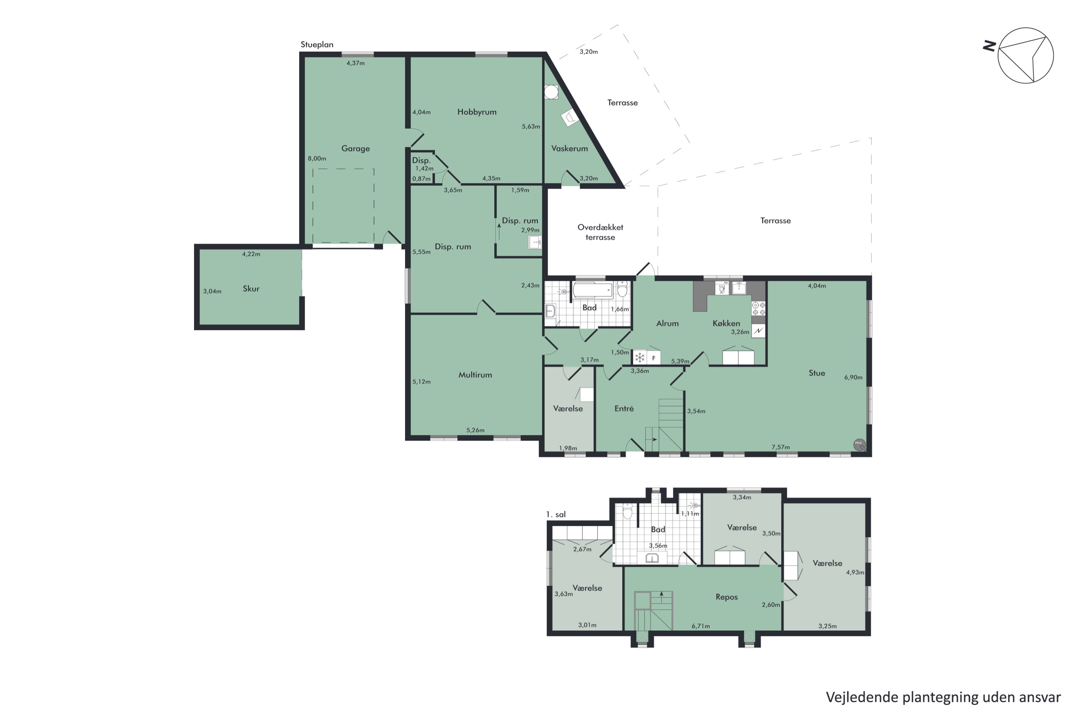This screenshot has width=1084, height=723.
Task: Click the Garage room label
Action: [x=355, y=149]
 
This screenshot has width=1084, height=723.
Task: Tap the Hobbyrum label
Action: [x=477, y=112]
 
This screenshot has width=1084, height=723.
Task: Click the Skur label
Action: [x=251, y=288]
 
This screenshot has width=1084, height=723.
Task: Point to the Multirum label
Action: [x=475, y=375]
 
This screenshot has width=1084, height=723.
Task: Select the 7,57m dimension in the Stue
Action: [x=780, y=447]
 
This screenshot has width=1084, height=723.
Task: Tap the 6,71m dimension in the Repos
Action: [x=700, y=626]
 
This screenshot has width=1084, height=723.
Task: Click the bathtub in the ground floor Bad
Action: [x=592, y=291]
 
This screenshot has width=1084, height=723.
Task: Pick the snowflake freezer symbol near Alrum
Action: [x=640, y=358]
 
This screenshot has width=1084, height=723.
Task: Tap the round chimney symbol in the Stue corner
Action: [x=859, y=444]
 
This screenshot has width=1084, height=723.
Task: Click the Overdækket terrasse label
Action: [x=600, y=232]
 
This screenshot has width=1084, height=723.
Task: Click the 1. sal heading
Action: [x=555, y=514]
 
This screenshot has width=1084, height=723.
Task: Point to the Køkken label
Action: [x=726, y=323]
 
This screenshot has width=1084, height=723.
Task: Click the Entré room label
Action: [x=624, y=408]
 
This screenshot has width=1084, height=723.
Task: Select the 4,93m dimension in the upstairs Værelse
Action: [x=855, y=572]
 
